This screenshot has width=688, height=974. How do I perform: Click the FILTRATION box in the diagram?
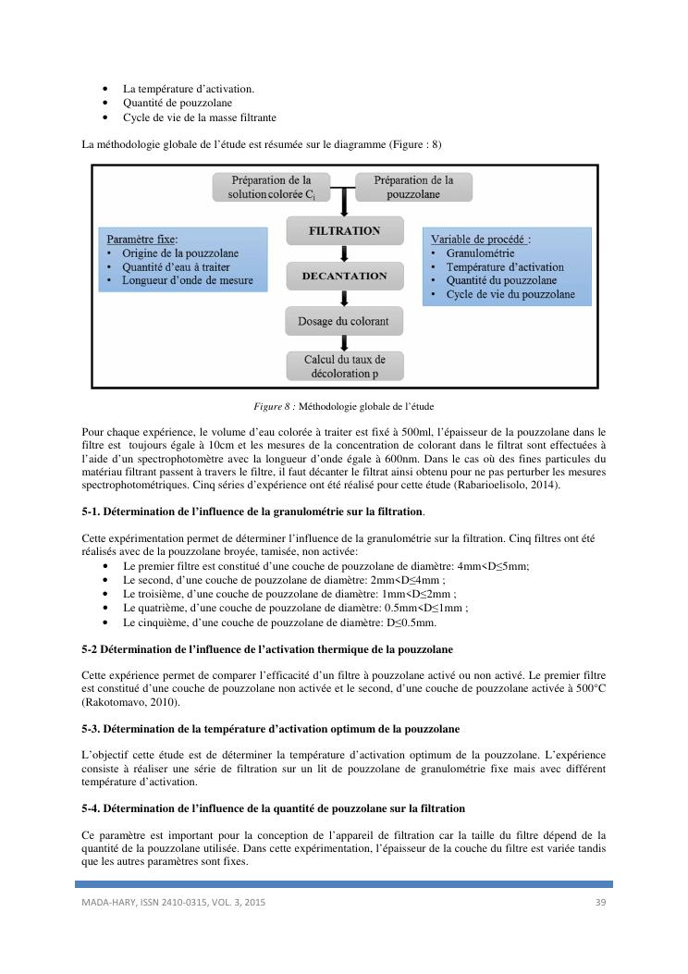point(344,231)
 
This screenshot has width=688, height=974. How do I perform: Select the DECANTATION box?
point(344,276)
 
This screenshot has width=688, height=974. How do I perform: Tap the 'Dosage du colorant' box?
point(344,322)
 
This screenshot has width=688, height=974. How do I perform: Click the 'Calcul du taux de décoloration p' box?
point(344,366)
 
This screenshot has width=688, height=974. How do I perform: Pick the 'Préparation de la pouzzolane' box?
point(413,187)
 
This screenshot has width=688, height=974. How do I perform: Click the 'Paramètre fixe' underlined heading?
point(142,239)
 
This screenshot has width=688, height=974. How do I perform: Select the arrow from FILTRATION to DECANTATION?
point(344,253)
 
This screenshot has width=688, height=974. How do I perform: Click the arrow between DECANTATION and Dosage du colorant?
point(344,298)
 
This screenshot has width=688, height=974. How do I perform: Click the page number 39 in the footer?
point(600,902)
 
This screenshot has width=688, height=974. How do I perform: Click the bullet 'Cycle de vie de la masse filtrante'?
point(200,117)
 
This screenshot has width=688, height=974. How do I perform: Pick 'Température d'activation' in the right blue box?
point(504,266)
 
